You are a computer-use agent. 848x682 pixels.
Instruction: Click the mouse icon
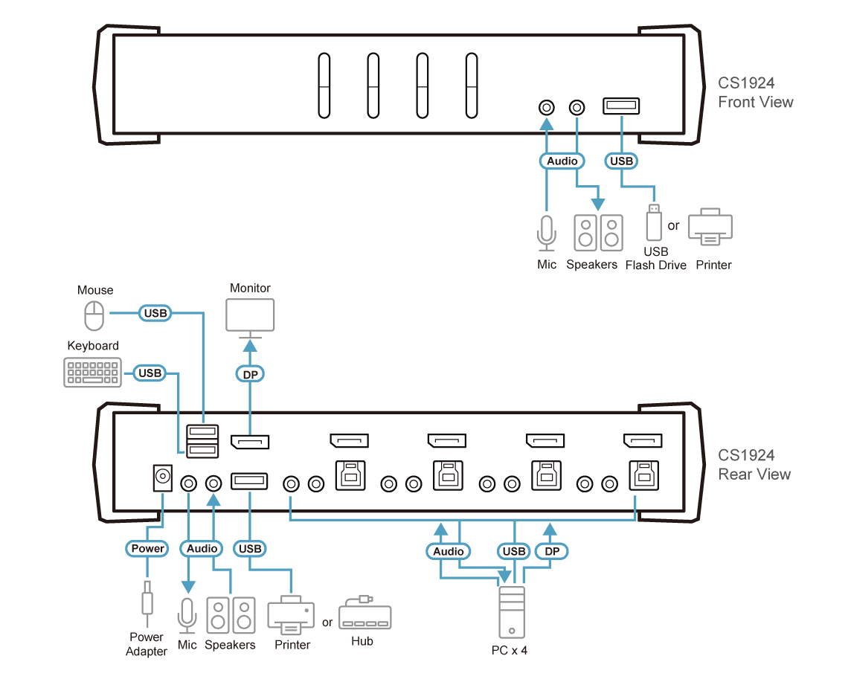[x=94, y=315]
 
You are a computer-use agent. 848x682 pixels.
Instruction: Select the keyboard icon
[x=92, y=372]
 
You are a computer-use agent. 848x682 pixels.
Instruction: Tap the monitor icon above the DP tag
[x=250, y=318]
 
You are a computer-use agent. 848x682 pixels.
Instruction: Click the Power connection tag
[x=147, y=548]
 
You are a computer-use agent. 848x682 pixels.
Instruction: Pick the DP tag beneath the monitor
[x=250, y=374]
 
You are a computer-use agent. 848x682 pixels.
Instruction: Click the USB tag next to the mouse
[x=155, y=313]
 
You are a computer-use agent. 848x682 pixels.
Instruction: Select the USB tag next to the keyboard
[x=150, y=373]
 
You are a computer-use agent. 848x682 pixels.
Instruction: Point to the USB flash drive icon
[x=654, y=222]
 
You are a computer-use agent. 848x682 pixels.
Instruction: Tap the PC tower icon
[x=512, y=612]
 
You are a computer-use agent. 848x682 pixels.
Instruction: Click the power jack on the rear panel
[x=163, y=477]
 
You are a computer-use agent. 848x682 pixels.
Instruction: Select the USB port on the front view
[x=621, y=106]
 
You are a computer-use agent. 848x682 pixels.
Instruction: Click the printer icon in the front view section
[x=710, y=227]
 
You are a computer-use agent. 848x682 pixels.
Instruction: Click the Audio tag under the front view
[x=562, y=161]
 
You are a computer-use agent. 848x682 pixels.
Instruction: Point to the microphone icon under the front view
[x=547, y=233]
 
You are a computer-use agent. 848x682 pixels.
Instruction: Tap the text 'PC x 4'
[x=510, y=650]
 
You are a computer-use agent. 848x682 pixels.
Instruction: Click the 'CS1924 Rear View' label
[x=754, y=465]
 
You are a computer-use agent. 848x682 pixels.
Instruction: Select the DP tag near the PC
[x=552, y=551]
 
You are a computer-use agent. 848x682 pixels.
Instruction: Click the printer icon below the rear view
[x=291, y=616]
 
